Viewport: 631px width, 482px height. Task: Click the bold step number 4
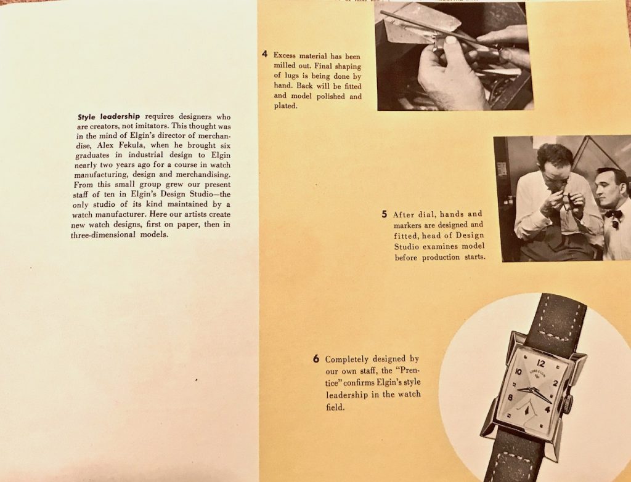pos(264,54)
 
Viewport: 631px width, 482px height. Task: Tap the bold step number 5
pos(385,214)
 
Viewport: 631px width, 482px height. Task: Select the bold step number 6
pos(316,359)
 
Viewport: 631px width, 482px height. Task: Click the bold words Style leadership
pos(108,116)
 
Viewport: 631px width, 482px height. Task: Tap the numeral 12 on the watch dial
pos(540,363)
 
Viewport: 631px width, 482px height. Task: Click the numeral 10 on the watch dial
pos(519,372)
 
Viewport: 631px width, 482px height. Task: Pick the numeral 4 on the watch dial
pos(547,409)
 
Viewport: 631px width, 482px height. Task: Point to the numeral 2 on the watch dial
pos(556,383)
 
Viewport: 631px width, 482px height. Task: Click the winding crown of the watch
pos(568,404)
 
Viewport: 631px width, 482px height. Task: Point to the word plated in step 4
pos(285,106)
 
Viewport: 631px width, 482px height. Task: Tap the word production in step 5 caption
pos(441,257)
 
